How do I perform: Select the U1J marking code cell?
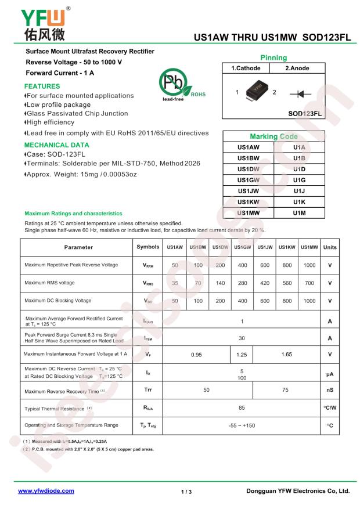tap(299, 191)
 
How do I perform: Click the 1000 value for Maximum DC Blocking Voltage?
tap(309, 301)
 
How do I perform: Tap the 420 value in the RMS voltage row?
tap(265, 283)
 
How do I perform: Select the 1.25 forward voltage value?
tap(242, 354)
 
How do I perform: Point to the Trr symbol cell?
tap(148, 390)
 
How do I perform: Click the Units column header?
tap(330, 247)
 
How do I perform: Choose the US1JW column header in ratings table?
tap(265, 247)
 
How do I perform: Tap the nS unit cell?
tap(330, 390)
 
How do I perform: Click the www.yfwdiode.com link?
tap(46, 490)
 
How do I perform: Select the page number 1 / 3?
tap(186, 491)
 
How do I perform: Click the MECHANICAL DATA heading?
tap(57, 145)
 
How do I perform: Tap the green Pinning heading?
tap(273, 58)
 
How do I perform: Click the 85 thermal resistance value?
tap(242, 409)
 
